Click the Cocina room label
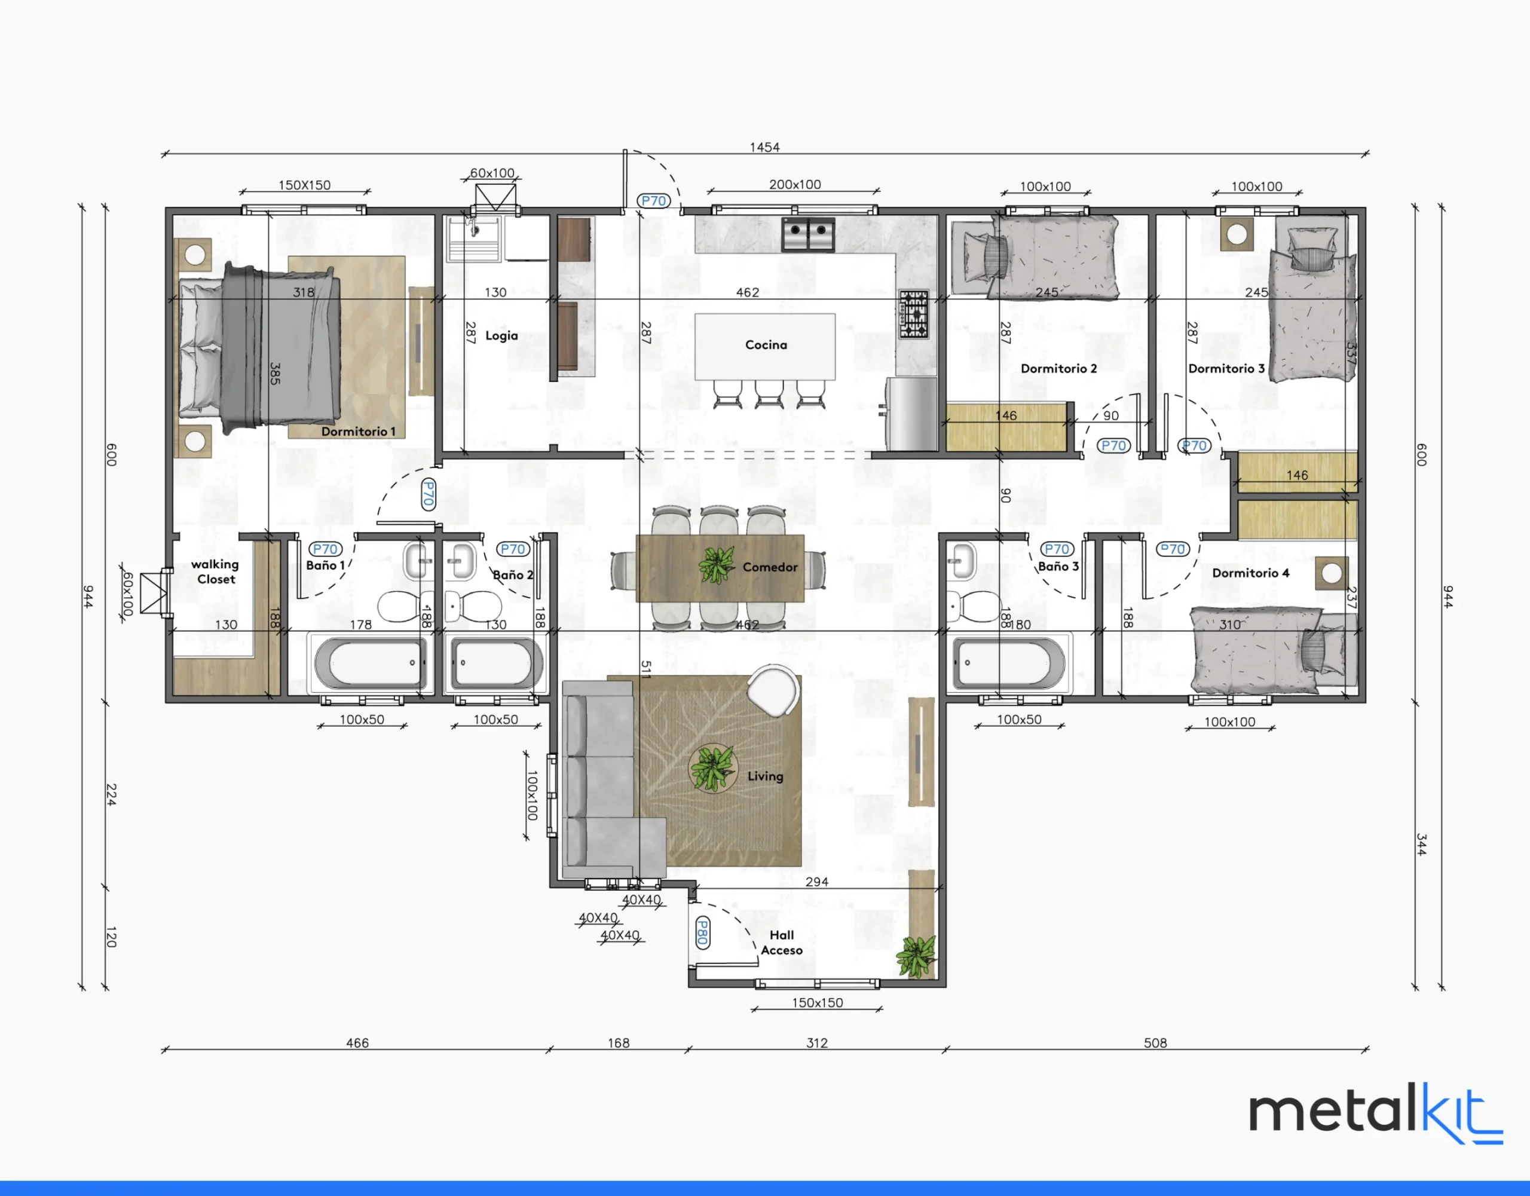tap(766, 345)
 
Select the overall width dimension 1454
tap(764, 147)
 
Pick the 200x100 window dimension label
tap(795, 184)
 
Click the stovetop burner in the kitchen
tap(913, 314)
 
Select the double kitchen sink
tap(808, 234)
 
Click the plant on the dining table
tap(716, 565)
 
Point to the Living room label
tap(765, 776)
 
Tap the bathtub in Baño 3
tap(1008, 662)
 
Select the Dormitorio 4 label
tap(1250, 573)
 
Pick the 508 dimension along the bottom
tap(1155, 1042)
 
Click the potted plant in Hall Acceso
tap(916, 956)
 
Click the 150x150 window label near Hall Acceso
tap(818, 1002)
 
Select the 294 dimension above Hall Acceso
tap(817, 882)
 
